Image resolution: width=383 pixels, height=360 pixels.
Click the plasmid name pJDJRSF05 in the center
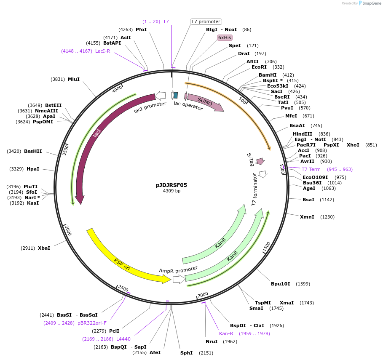[x=171, y=185]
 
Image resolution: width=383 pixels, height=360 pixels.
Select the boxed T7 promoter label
[x=206, y=21]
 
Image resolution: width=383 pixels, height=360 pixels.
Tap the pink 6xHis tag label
[x=225, y=37]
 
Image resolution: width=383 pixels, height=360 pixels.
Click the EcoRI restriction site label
[x=259, y=67]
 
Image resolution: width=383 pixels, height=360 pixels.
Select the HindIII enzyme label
[x=303, y=134]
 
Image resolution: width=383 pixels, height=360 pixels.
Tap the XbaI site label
[x=44, y=248]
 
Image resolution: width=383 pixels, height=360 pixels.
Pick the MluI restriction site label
[x=74, y=79]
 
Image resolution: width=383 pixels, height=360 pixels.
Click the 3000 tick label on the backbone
[x=68, y=231]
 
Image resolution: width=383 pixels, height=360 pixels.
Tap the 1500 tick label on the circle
[x=266, y=247]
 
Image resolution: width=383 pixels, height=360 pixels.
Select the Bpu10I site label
[x=280, y=284]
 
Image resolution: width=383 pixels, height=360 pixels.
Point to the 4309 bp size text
[x=171, y=191]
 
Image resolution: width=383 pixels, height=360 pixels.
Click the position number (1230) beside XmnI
[x=327, y=217]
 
